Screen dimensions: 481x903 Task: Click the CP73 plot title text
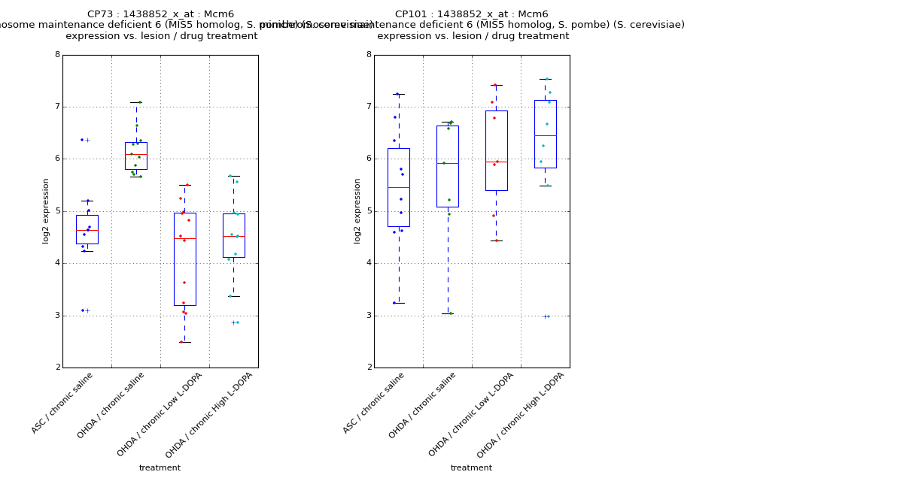click(x=160, y=14)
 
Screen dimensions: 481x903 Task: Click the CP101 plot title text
click(x=472, y=14)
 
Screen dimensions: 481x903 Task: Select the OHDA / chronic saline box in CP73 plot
click(x=136, y=156)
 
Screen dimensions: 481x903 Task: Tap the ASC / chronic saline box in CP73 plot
click(x=87, y=229)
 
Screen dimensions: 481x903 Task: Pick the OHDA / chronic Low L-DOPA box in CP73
click(x=185, y=259)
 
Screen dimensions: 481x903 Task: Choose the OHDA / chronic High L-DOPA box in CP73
click(x=233, y=235)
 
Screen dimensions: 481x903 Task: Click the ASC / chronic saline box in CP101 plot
click(x=399, y=187)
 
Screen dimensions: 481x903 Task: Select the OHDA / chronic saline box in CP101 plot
click(x=448, y=166)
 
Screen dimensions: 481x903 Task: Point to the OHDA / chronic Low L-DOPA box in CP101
click(x=496, y=150)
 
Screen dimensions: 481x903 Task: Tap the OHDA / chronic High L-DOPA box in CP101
click(x=546, y=134)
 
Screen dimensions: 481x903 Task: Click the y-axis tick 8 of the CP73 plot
click(x=57, y=55)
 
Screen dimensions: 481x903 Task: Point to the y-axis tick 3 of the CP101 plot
click(x=369, y=316)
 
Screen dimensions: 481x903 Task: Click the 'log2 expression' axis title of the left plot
click(x=46, y=211)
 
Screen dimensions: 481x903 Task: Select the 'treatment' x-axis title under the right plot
click(x=471, y=468)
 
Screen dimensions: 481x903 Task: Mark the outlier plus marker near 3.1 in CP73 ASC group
click(x=87, y=310)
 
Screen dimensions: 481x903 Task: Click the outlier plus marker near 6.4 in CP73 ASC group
click(x=87, y=140)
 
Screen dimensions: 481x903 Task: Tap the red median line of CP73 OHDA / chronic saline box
click(x=136, y=154)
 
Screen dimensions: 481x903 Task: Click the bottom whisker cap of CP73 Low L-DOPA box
click(x=185, y=342)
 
